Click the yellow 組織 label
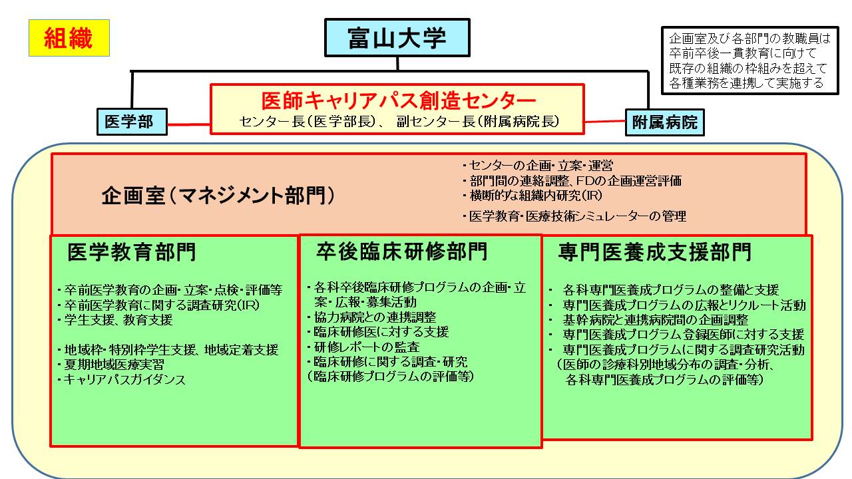69,38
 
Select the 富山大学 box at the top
397,38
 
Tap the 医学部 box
132,122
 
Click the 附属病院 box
665,122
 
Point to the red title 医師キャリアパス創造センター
398,100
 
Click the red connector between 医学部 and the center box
188,124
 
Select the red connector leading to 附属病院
605,122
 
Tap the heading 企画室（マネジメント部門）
218,196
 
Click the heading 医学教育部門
132,252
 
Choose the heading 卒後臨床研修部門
401,251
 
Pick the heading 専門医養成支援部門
654,252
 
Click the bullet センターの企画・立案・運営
538,166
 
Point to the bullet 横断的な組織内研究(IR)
532,196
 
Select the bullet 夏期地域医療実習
111,365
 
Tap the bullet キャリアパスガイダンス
122,379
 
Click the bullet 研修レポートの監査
363,347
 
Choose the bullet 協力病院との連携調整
372,317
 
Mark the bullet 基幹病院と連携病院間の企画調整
648,320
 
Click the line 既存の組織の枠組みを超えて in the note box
748,69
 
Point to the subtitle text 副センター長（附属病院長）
478,121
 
